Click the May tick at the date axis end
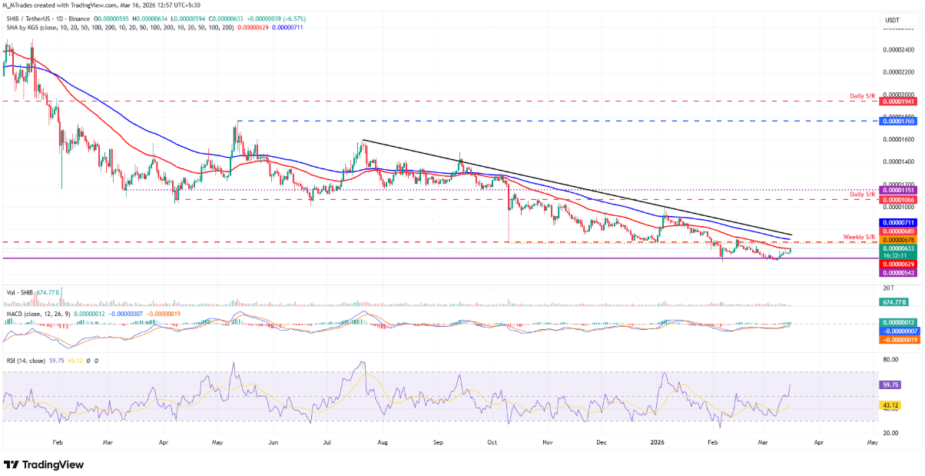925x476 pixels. [872, 444]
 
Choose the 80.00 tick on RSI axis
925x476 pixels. [891, 359]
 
